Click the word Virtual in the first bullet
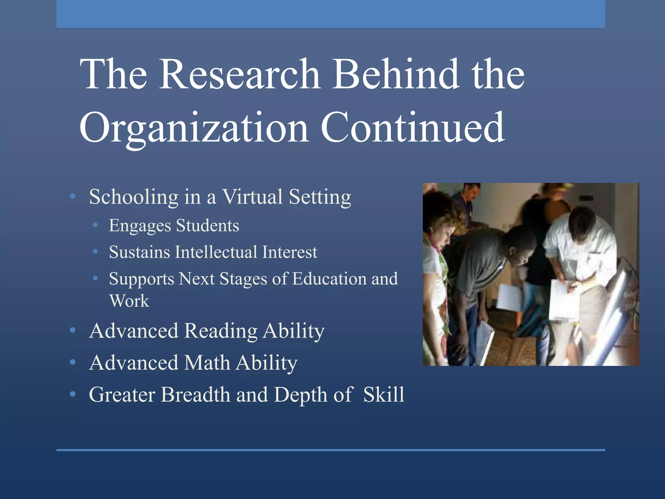point(252,197)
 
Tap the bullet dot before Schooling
point(73,196)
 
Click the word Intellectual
point(216,252)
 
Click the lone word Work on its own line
point(129,301)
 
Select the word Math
point(207,363)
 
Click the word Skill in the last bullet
point(384,395)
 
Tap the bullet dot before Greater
point(73,394)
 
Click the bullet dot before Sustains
point(95,252)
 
